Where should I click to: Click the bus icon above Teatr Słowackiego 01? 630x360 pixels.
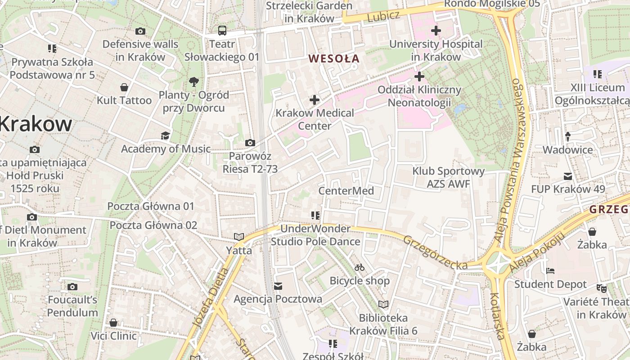pos(222,31)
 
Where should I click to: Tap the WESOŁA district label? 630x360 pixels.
pos(334,58)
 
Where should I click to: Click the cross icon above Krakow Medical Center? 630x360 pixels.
pos(315,99)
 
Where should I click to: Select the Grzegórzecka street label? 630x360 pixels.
pos(435,253)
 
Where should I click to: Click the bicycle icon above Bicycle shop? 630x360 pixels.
pos(359,267)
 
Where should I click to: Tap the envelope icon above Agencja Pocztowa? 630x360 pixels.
pos(278,286)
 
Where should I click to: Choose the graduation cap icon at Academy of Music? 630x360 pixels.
pos(166,135)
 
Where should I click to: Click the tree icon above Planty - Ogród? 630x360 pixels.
pos(194,82)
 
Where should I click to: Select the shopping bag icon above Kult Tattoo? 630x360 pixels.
pos(124,87)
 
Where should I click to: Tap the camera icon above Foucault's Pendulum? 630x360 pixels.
pos(72,287)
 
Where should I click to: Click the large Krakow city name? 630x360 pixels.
pos(36,124)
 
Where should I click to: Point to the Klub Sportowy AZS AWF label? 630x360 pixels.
pos(448,177)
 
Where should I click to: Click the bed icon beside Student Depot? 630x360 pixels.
pos(550,271)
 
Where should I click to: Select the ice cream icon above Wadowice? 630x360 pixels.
pos(568,136)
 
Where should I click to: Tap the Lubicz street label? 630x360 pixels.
pos(383,17)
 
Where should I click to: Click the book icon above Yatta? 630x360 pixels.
pos(238,237)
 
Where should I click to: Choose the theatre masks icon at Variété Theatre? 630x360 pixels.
pos(601,288)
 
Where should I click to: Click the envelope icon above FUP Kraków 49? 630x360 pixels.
pos(568,176)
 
